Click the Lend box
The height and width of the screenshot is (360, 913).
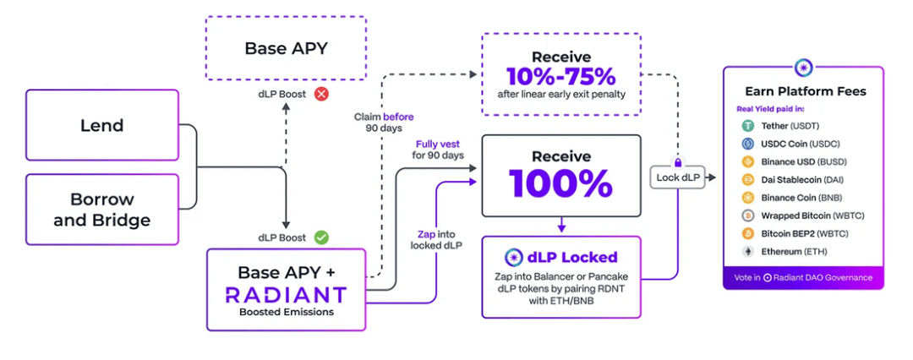coord(101,126)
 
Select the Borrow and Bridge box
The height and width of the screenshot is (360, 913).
coord(101,210)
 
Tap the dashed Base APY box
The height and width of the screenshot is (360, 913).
coord(286,48)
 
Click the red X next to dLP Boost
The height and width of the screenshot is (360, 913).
coord(321,94)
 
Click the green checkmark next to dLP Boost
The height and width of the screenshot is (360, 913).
coord(321,237)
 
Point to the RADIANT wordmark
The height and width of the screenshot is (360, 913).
coord(286,294)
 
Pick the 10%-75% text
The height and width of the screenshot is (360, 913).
coord(561,76)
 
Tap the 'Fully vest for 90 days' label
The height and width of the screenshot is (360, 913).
coord(438,150)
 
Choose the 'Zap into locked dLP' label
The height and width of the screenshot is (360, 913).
coord(436,239)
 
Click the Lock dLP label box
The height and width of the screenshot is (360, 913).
coord(678,177)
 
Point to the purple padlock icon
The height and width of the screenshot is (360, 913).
coord(678,161)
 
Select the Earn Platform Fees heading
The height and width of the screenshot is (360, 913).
coord(805,91)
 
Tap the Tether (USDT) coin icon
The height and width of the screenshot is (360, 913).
coord(747,126)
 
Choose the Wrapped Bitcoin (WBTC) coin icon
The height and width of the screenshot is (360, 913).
coord(747,215)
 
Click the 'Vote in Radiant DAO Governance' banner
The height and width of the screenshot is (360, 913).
coord(803,277)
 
